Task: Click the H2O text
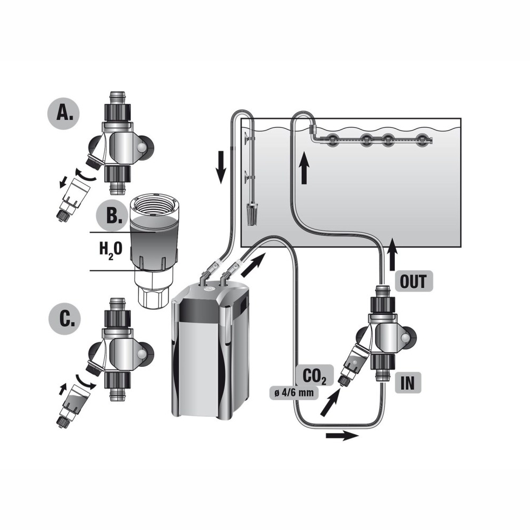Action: click(111, 251)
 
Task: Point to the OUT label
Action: click(413, 281)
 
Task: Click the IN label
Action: click(408, 383)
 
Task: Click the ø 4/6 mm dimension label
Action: click(294, 393)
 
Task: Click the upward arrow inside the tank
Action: click(305, 167)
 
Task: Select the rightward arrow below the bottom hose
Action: click(342, 436)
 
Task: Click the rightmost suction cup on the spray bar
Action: click(421, 140)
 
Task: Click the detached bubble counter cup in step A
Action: click(70, 200)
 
